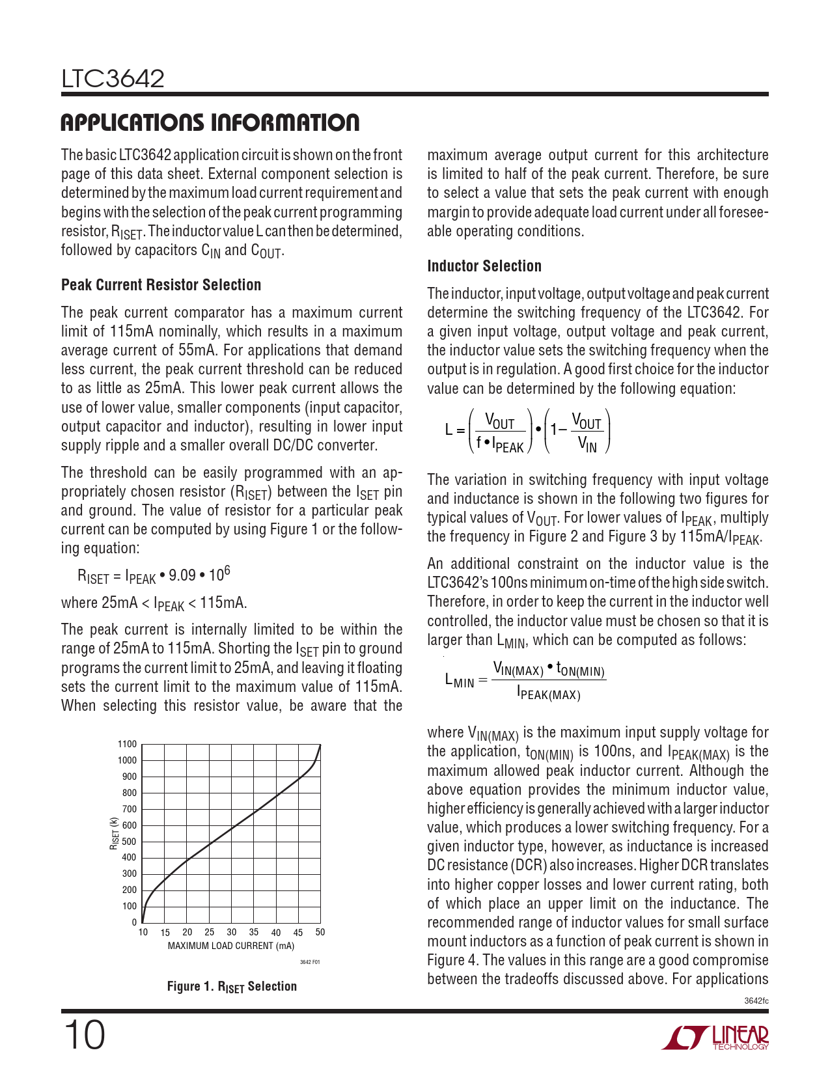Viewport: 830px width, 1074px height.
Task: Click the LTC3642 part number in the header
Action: pos(113,79)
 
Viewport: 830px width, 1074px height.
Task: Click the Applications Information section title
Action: pos(210,122)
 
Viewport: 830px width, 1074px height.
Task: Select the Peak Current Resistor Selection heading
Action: pos(161,285)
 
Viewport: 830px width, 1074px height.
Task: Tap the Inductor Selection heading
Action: pos(484,266)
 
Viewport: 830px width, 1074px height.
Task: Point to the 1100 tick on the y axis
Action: pos(128,744)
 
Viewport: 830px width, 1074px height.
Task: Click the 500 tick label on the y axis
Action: pos(130,842)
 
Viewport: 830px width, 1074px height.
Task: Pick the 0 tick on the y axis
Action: pos(135,922)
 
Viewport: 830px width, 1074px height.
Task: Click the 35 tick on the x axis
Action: pos(254,932)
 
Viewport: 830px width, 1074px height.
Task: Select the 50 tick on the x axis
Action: pos(320,932)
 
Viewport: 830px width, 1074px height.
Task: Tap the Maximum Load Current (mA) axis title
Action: pos(231,946)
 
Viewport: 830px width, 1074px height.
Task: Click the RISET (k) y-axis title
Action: pos(114,833)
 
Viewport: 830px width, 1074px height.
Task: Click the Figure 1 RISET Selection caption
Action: pos(232,987)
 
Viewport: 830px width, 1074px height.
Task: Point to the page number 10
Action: pos(83,1036)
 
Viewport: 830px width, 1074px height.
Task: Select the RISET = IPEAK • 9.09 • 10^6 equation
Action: pos(154,575)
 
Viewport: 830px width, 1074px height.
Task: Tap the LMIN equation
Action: pos(525,681)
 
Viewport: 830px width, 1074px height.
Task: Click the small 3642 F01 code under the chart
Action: pos(310,962)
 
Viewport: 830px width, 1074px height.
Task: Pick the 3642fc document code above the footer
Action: pos(756,1000)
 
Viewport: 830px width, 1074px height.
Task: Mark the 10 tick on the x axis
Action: pos(143,932)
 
